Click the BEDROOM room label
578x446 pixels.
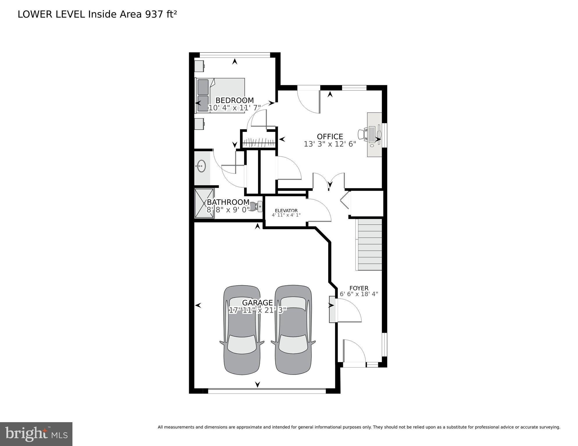coord(234,101)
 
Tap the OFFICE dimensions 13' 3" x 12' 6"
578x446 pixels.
coord(330,144)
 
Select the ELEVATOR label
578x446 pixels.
coord(286,211)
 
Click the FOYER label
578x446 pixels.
coord(359,288)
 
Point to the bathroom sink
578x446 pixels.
coord(201,166)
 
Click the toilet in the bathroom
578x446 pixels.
coord(256,207)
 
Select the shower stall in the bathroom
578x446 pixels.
coord(204,203)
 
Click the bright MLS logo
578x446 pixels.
coord(36,434)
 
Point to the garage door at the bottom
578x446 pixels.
coord(267,391)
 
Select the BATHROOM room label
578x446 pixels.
coord(228,202)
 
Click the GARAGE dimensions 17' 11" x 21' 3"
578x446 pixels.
coord(258,310)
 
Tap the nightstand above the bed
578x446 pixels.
coord(199,66)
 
